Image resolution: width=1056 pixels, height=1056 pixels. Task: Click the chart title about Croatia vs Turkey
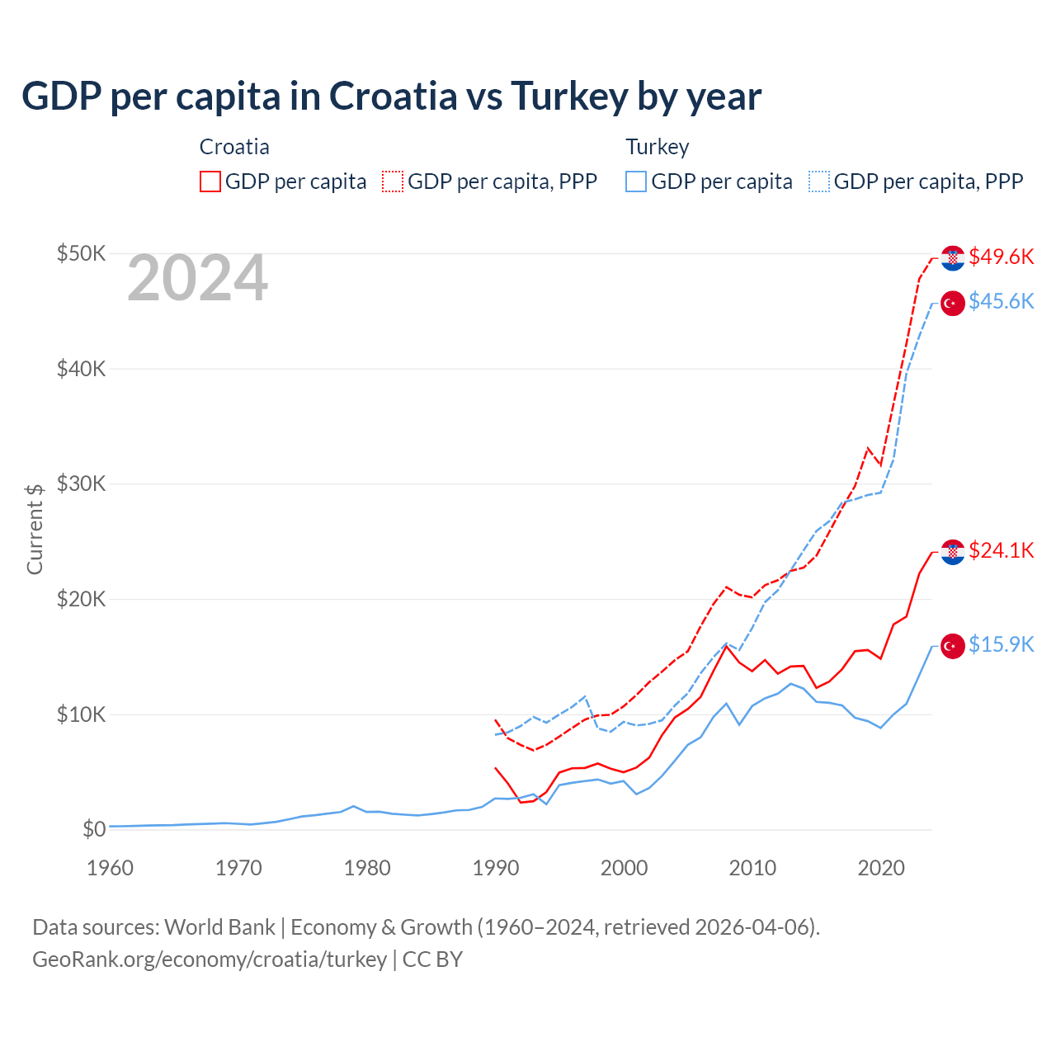[x=391, y=97]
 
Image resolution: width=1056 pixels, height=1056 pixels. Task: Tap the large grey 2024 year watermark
[x=197, y=279]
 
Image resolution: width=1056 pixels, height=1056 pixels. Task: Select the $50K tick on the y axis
[x=81, y=253]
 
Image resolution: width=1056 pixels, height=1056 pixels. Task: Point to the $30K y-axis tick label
[x=81, y=483]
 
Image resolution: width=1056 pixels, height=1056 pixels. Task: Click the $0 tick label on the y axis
[x=94, y=829]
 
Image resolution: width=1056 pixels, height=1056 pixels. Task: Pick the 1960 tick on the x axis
[x=110, y=868]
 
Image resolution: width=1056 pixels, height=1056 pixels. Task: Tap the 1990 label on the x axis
[x=495, y=868]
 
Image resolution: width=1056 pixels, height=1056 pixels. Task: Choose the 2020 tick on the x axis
[x=881, y=868]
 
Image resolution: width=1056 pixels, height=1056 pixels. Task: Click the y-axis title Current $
[x=35, y=529]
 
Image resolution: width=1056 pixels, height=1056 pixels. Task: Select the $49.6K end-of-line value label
[x=1001, y=257]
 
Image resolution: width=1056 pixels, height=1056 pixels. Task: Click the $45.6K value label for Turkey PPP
[x=1001, y=302]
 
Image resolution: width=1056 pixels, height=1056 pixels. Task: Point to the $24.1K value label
[x=1001, y=550]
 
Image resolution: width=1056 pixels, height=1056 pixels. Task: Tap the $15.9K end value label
[x=1001, y=644]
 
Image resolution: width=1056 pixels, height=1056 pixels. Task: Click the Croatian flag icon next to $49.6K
[x=953, y=257]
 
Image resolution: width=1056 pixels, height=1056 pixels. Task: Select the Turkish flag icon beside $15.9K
[x=953, y=646]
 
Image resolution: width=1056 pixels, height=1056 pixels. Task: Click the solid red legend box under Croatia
[x=210, y=181]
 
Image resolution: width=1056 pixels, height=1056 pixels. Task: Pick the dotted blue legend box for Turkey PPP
[x=819, y=181]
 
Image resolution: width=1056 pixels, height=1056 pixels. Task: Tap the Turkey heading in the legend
[x=657, y=147]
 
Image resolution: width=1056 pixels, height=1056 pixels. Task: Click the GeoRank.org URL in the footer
[x=210, y=959]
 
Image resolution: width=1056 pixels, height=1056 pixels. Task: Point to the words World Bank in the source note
[x=219, y=927]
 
